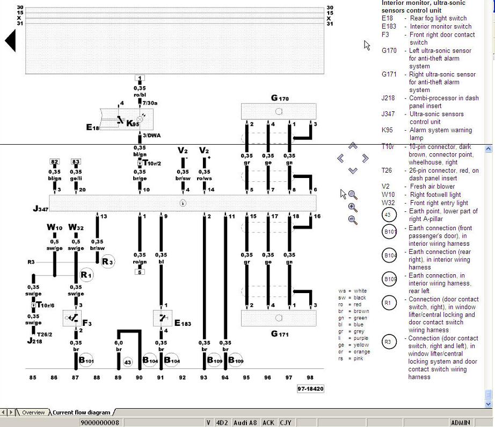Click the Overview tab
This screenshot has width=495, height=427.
coord(33,412)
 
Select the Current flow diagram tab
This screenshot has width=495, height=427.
coord(81,412)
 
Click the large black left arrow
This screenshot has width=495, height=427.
coord(10,41)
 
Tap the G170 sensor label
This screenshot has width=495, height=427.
coord(280,98)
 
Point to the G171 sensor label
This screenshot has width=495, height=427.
coord(280,334)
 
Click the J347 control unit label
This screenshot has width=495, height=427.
coord(41,209)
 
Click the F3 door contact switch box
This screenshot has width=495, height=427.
coord(71,318)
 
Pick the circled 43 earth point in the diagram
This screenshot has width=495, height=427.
coord(127,362)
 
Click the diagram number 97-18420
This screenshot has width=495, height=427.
coord(310,388)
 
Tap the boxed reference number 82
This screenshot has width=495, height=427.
coord(54,162)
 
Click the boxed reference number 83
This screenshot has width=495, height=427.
coord(76,162)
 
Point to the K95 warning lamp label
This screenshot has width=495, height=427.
coord(132,123)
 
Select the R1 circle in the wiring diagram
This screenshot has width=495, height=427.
coord(86,275)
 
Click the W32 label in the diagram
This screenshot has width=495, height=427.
coord(76,227)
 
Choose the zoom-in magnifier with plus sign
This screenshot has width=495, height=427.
coord(353,207)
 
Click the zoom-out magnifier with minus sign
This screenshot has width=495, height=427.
coord(353,219)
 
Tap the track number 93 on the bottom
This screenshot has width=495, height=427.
coord(203,378)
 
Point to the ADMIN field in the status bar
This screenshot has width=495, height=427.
coord(460,423)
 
